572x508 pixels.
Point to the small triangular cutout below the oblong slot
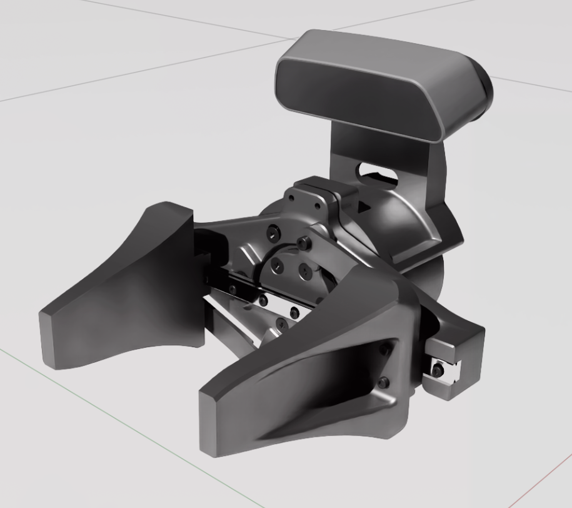(363, 205)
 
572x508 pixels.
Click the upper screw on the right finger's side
(386, 352)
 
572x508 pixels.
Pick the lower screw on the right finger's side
(384, 382)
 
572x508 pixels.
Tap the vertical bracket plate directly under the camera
(350, 150)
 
